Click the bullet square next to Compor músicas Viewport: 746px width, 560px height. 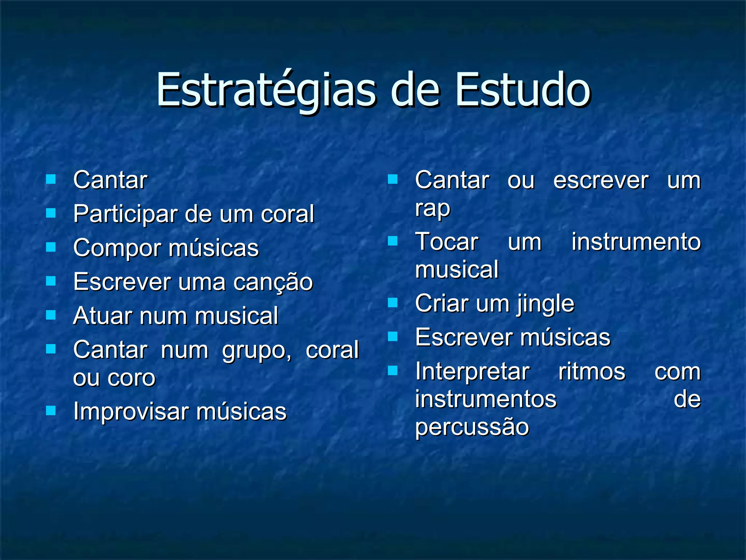51,248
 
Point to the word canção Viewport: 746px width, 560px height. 273,282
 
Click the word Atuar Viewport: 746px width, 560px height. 102,316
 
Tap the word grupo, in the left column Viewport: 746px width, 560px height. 257,351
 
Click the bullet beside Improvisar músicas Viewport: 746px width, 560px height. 51,411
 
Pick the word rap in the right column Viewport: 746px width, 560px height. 433,209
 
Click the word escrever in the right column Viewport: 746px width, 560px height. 601,180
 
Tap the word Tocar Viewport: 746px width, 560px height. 447,242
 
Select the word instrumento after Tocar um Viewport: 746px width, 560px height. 636,242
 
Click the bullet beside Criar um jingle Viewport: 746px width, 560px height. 393,303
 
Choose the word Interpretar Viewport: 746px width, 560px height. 472,372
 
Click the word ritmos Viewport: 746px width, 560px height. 592,372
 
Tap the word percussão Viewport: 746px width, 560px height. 472,427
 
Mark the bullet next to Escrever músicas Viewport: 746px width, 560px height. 393,337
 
